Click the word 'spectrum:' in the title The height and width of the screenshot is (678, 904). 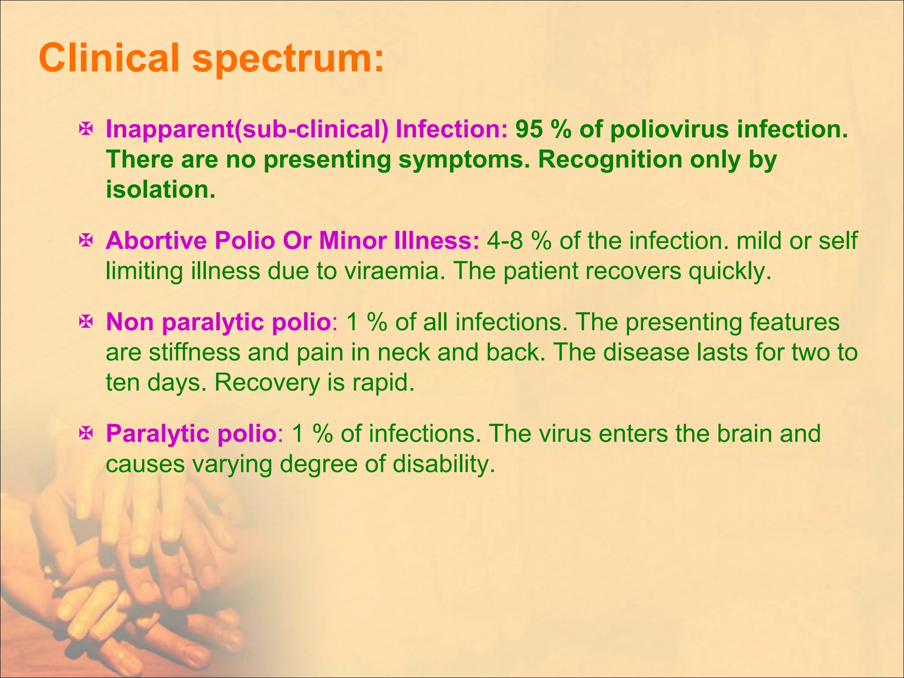tap(288, 59)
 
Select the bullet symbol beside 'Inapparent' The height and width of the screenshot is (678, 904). tap(85, 129)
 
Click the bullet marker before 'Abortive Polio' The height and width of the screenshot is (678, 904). tap(85, 241)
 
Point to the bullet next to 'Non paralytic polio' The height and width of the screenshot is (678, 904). tap(85, 322)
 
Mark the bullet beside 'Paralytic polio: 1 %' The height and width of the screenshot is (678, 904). tap(85, 433)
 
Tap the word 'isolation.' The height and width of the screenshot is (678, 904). tap(161, 190)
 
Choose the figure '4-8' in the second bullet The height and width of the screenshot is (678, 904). tap(505, 241)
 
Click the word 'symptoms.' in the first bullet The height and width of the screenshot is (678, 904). tap(463, 160)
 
